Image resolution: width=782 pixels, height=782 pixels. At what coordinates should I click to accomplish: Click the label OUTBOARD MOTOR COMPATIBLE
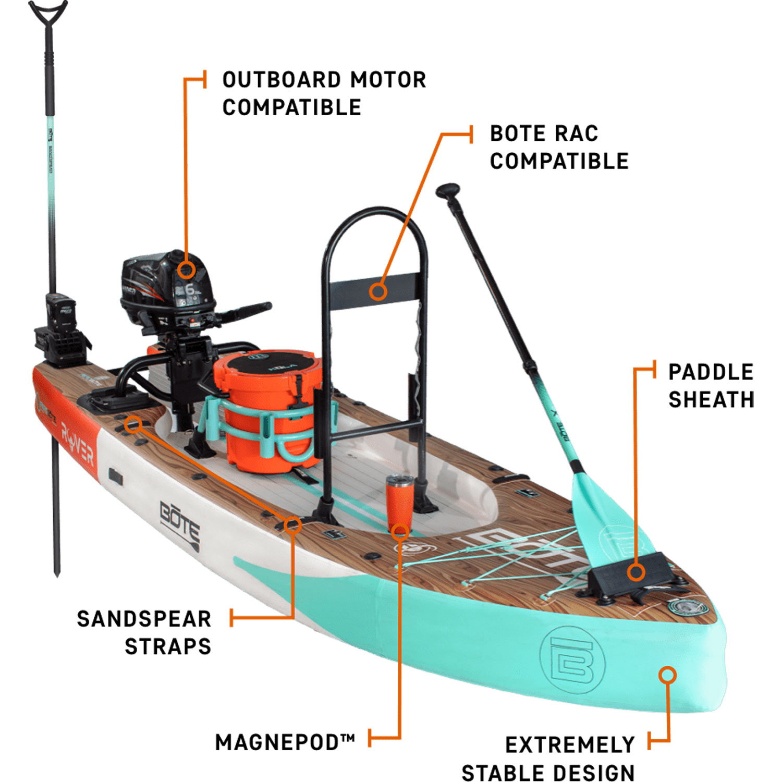point(324,94)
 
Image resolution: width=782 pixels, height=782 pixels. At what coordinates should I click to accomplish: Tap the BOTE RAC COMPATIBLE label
point(559,148)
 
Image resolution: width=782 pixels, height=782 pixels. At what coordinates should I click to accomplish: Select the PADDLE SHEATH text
point(711,386)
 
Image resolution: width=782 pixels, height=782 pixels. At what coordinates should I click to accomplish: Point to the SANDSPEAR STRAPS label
point(144,632)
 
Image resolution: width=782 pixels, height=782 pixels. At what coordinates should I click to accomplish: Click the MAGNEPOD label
point(285,742)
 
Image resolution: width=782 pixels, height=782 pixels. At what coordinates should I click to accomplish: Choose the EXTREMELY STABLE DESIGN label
point(548,759)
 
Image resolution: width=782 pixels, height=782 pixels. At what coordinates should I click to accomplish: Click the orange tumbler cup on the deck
point(400,500)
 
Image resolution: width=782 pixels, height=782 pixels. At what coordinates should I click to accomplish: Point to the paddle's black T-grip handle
point(448,190)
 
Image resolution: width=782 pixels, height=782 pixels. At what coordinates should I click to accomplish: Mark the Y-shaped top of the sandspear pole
point(48,13)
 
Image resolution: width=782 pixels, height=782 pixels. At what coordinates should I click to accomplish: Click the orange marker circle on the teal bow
point(667,675)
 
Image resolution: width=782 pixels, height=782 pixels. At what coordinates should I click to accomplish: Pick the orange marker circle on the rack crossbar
point(378,291)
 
